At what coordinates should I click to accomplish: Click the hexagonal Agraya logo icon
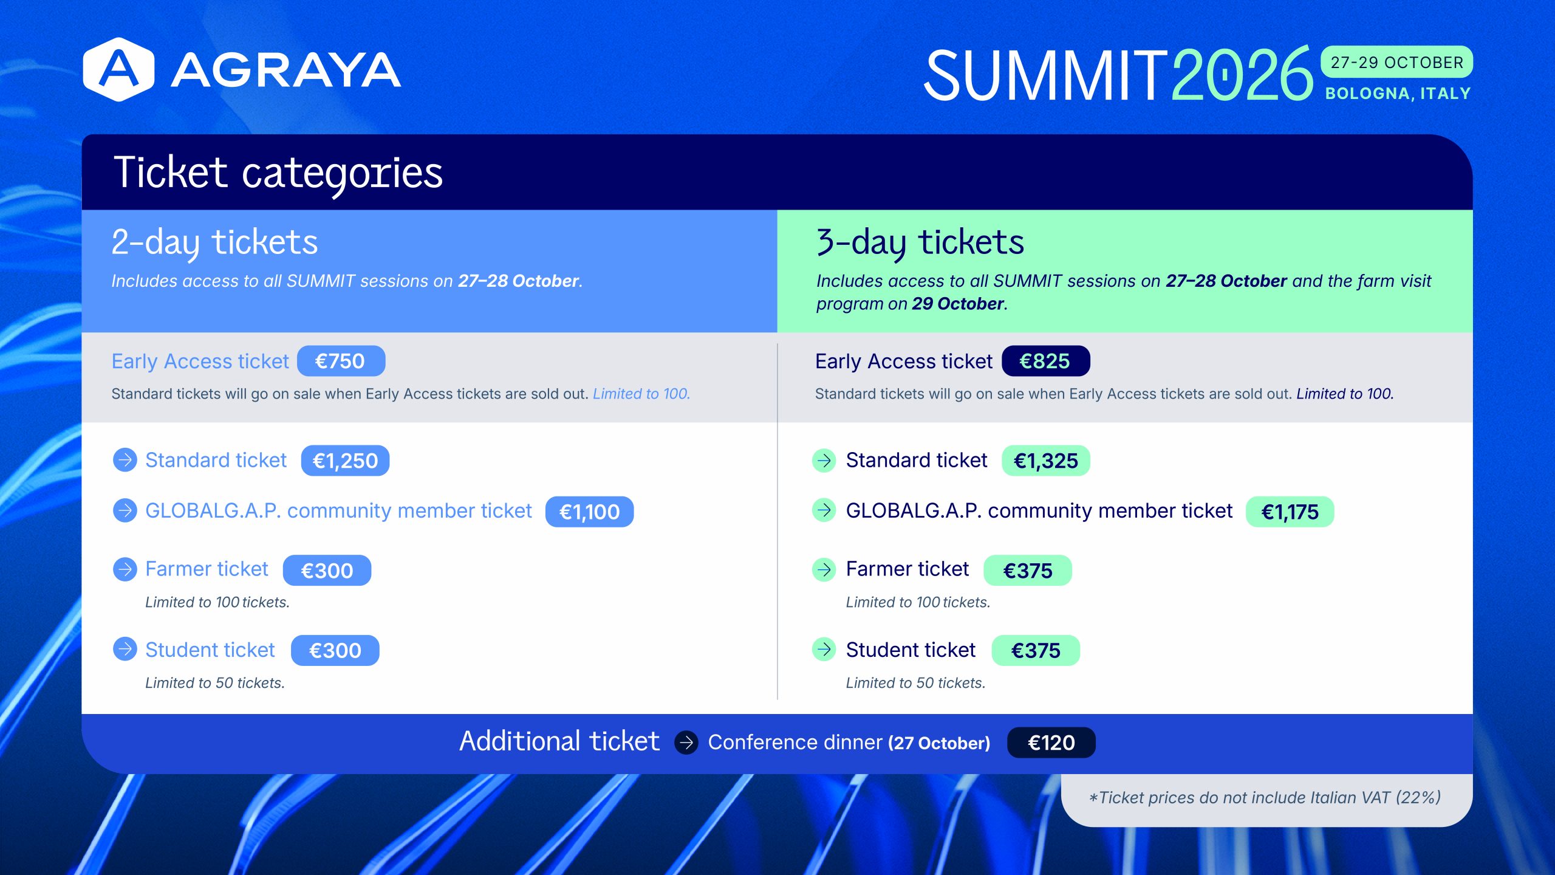(118, 69)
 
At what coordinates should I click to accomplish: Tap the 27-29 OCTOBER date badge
(1396, 62)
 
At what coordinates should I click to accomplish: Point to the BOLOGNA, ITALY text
(1398, 94)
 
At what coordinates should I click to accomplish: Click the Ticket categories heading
(278, 173)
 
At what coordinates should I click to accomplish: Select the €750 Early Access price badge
(341, 361)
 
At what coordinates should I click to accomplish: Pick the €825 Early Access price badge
(1045, 361)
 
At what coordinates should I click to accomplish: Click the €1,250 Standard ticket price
(345, 461)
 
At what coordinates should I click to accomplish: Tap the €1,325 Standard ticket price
(1045, 461)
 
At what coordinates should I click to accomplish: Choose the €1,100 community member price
(589, 512)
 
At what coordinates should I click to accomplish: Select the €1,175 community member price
(1290, 512)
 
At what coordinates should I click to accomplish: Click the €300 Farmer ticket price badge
(327, 570)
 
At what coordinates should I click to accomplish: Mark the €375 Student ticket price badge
(1036, 650)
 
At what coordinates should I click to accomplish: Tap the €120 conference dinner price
(1051, 743)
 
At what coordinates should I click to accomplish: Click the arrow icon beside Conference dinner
(686, 743)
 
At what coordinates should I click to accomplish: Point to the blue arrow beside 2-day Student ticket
(125, 649)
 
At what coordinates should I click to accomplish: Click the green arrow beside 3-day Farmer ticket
(824, 569)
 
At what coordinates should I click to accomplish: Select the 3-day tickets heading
(920, 242)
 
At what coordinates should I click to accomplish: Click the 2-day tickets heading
(214, 242)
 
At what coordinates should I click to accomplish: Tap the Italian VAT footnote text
(1265, 797)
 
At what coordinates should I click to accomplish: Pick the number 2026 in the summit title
(1242, 75)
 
